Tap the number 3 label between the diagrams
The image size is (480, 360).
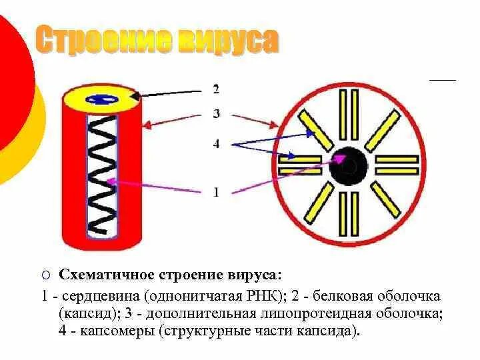[216, 114]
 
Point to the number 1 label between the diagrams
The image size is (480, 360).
[216, 192]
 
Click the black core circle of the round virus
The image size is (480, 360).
[348, 167]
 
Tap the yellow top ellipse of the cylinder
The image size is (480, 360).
[103, 101]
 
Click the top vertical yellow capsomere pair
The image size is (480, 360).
[348, 112]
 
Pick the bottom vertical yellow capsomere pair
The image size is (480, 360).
[348, 217]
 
